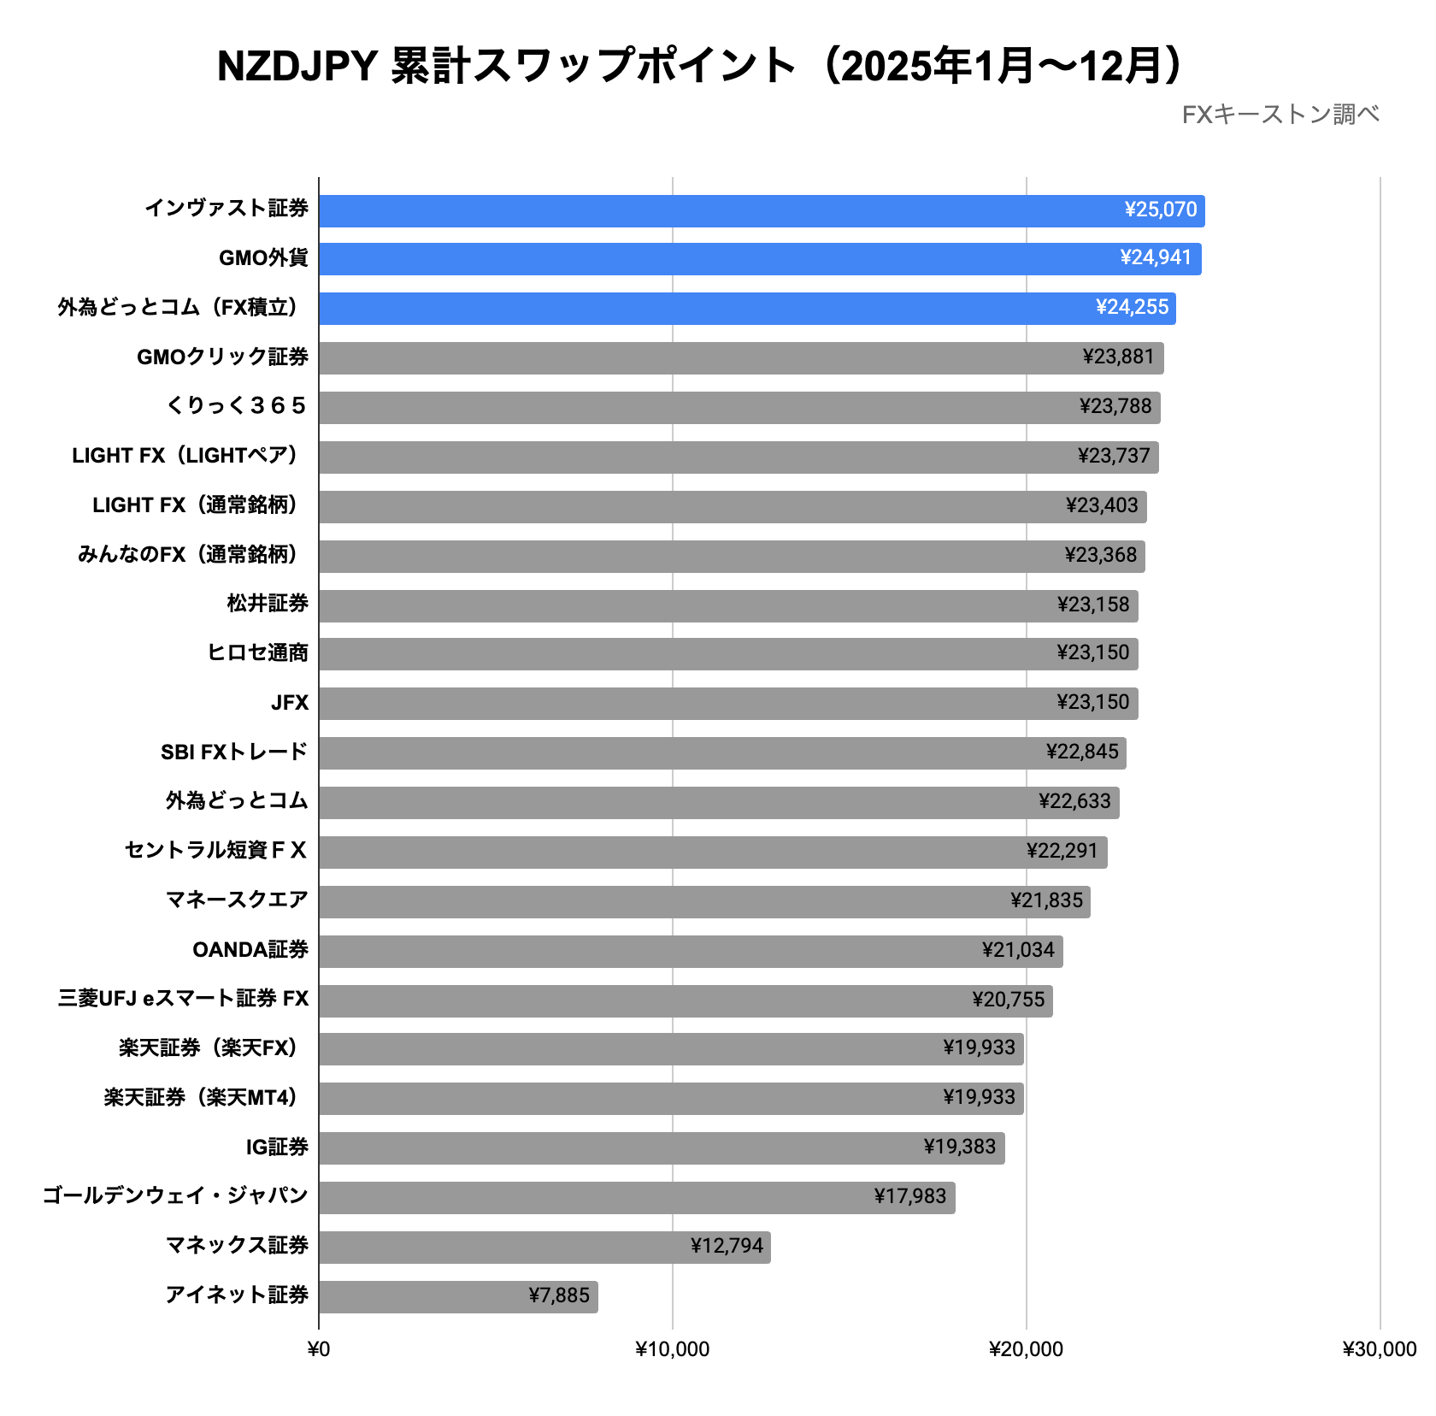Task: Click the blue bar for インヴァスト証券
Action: [x=761, y=210]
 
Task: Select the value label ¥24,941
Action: [x=1155, y=258]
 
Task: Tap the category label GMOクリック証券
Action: [x=222, y=357]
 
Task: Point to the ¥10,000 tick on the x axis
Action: [x=672, y=1349]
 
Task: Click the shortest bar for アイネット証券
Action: [x=458, y=1296]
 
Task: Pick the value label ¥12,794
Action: [x=727, y=1247]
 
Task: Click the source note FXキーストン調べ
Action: [x=1280, y=115]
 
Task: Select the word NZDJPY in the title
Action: [x=297, y=67]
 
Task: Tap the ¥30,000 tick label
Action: [x=1379, y=1349]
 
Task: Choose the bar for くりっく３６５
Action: [x=739, y=407]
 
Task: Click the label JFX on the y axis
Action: [x=290, y=703]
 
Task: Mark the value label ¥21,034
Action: [x=1018, y=951]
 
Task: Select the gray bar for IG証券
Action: [x=662, y=1148]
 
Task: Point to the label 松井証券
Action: [x=268, y=604]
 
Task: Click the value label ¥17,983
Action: [x=909, y=1197]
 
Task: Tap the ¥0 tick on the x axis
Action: [x=319, y=1349]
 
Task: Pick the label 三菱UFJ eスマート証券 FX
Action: [x=183, y=999]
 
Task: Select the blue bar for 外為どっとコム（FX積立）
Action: [x=747, y=308]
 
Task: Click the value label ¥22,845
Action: [x=1081, y=752]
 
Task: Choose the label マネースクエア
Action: [x=237, y=900]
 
